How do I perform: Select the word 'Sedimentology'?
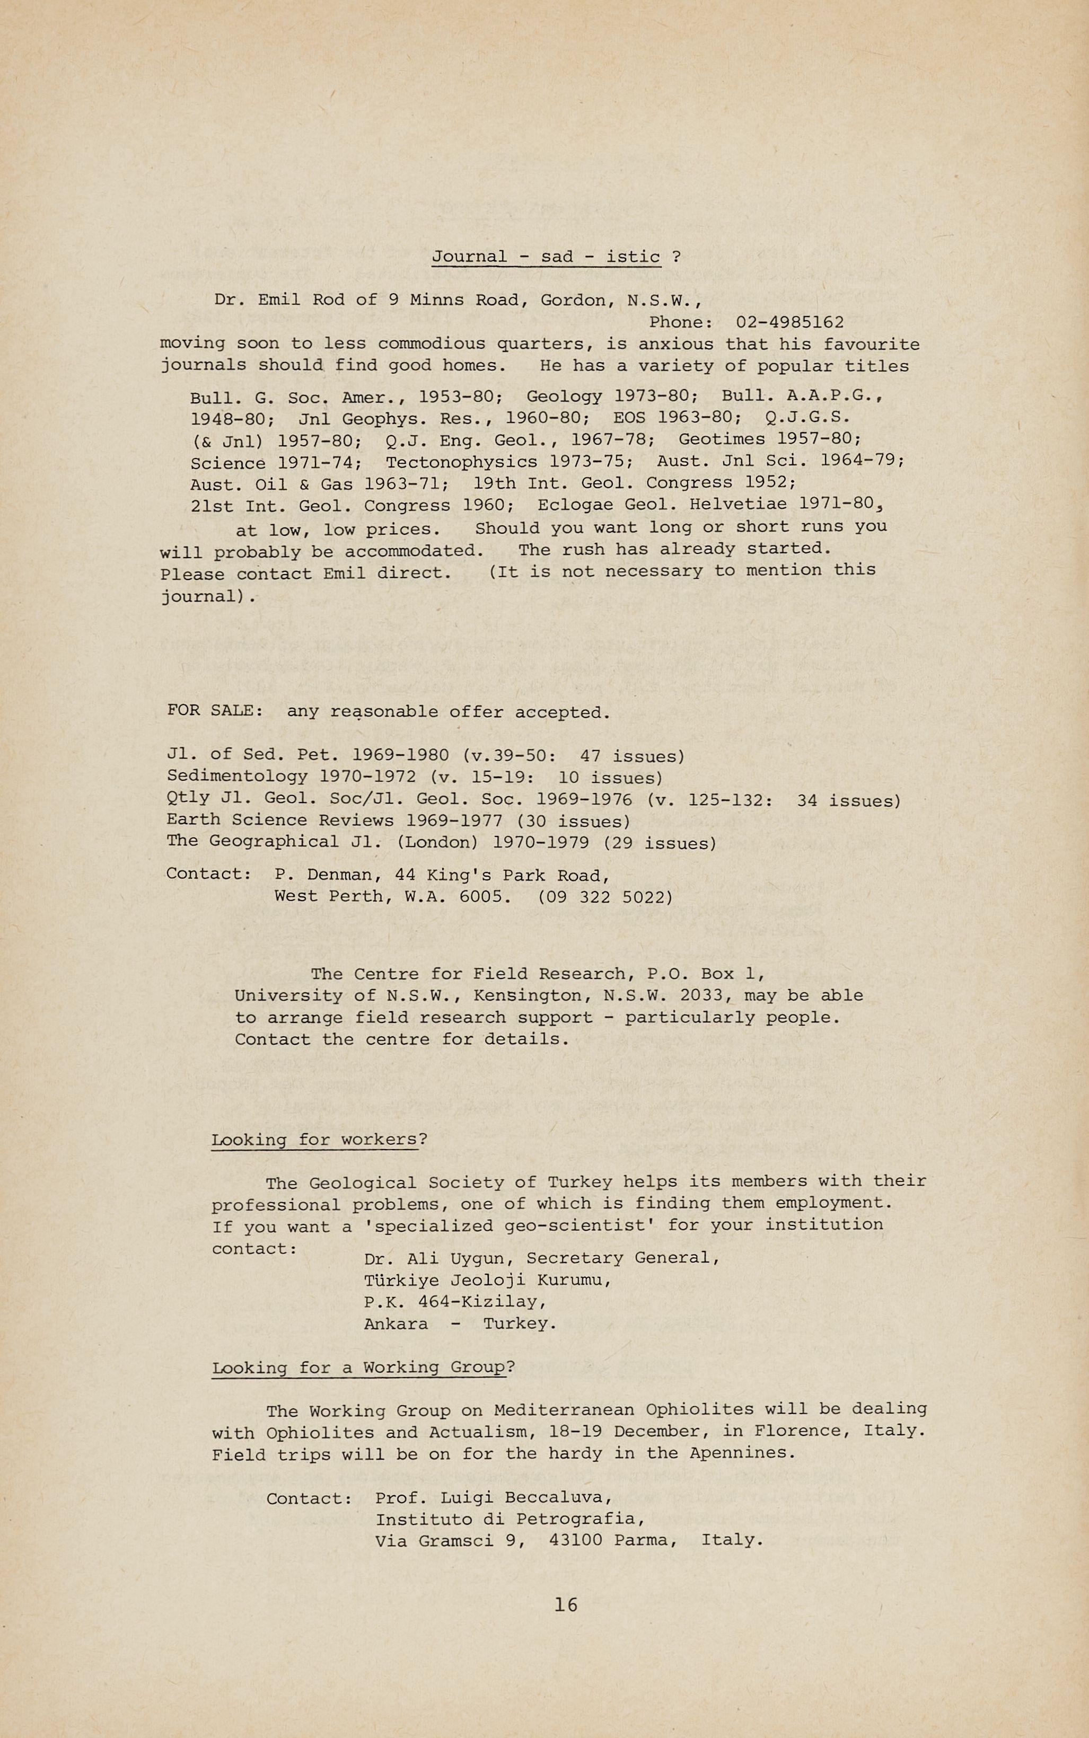click(x=237, y=777)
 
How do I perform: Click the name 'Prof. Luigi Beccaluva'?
click(x=494, y=1498)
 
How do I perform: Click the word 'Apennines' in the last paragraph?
click(x=741, y=1453)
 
